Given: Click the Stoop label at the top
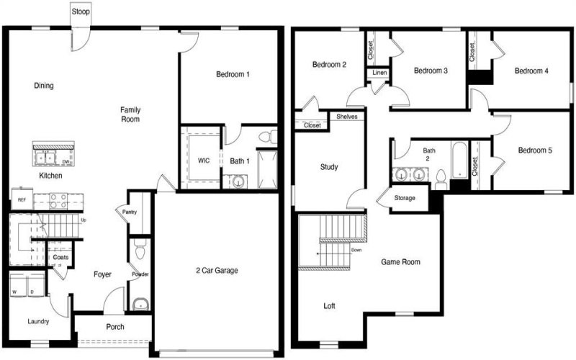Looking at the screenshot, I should click(x=81, y=11).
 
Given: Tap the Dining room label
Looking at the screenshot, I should click(x=44, y=86).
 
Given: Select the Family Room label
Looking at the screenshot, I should click(x=130, y=114).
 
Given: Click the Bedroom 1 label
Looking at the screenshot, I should click(x=233, y=74).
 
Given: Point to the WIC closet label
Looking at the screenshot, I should click(x=202, y=161).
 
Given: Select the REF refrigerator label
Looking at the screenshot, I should click(x=22, y=201).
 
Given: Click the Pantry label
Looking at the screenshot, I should click(x=130, y=212).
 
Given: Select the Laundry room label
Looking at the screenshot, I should click(x=38, y=321).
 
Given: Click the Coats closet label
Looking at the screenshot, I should click(x=60, y=257).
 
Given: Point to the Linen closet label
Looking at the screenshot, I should click(x=379, y=73).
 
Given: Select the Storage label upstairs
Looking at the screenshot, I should click(x=404, y=197).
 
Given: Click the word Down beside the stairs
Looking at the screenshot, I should click(x=356, y=251).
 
